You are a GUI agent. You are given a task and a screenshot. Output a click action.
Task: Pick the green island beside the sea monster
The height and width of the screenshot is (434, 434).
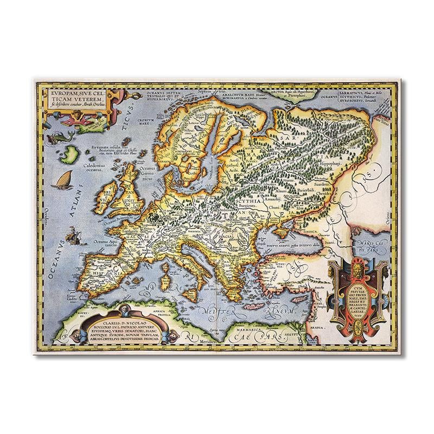(x=69, y=156)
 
